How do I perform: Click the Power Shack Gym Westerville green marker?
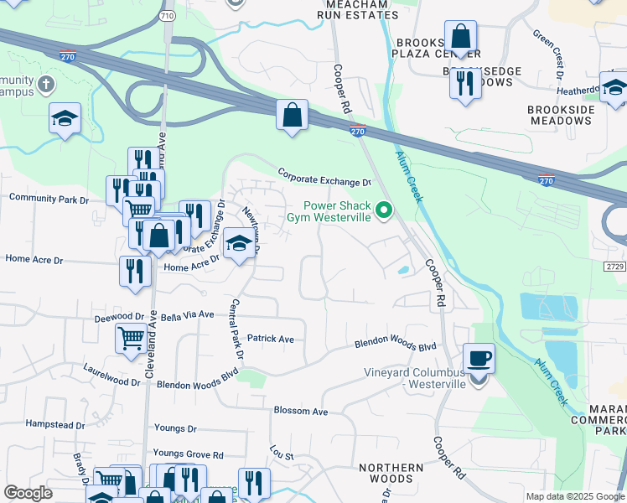point(385,210)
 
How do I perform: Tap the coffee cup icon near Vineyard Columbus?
point(479,358)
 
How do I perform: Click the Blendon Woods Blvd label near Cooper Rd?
point(396,345)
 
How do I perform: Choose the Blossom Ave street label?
point(300,412)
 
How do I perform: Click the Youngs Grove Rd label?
point(188,454)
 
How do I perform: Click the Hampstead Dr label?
point(55,425)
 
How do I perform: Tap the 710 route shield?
point(168,16)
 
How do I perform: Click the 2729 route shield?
point(614,266)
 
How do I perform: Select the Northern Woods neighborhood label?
point(391,473)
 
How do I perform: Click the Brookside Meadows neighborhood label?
point(561,115)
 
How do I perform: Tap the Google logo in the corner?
point(28,493)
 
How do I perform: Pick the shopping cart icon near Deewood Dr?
point(132,339)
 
